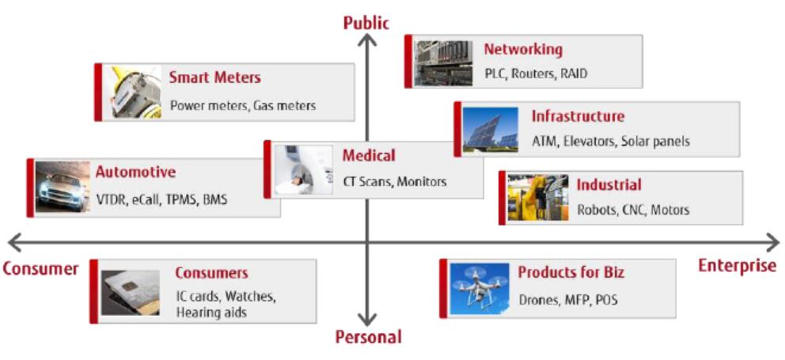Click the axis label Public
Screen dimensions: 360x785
(x=366, y=23)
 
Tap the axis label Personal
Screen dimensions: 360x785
(x=368, y=337)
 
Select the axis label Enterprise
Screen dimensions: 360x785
(x=737, y=266)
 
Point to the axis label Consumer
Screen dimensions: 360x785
(x=40, y=269)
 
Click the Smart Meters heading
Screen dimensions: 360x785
(x=214, y=78)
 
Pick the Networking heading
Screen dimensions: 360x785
(x=523, y=49)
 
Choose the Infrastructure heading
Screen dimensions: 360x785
(x=578, y=116)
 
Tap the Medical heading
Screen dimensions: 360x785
(x=368, y=156)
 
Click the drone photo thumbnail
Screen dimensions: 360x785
(x=480, y=286)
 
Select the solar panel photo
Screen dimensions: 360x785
(x=491, y=129)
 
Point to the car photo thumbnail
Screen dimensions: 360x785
(x=63, y=188)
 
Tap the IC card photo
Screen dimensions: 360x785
(x=131, y=290)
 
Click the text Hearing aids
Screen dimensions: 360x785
(x=211, y=312)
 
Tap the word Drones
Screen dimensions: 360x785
(x=539, y=300)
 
